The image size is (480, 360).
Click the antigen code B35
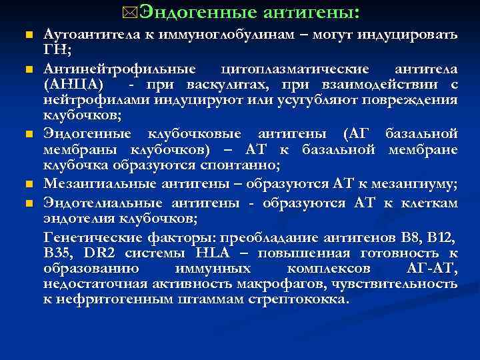coord(59,253)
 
